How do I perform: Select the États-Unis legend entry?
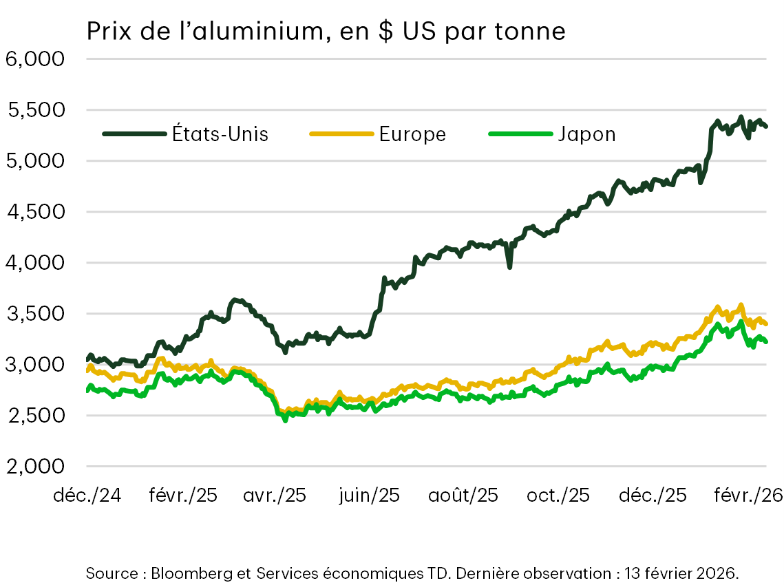click(x=220, y=134)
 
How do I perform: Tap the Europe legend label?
click(x=412, y=134)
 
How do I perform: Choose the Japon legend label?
click(x=587, y=134)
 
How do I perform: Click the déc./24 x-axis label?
click(x=87, y=496)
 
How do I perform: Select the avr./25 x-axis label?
click(x=275, y=496)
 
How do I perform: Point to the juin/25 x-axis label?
click(x=368, y=496)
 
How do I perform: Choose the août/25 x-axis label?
click(x=463, y=496)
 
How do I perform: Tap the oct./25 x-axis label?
click(x=558, y=496)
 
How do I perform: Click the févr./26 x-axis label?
click(x=748, y=496)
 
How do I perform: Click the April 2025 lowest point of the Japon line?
click(x=286, y=419)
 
